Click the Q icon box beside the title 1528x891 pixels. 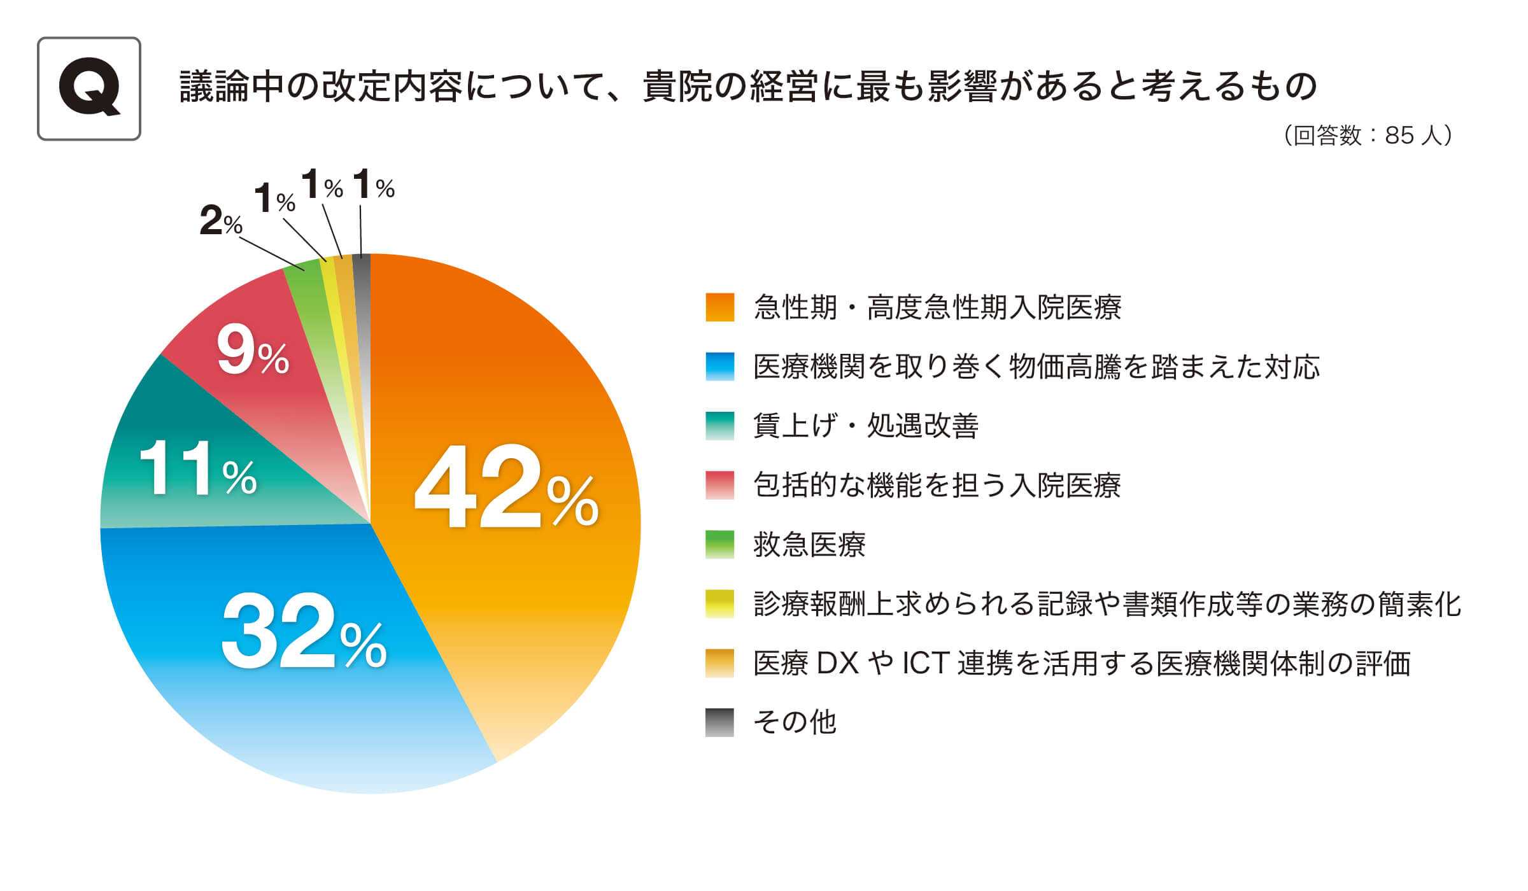(89, 88)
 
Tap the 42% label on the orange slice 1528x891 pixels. (506, 486)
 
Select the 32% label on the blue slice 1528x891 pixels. (304, 630)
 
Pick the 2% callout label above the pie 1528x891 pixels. (220, 221)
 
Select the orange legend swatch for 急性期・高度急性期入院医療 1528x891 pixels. (719, 307)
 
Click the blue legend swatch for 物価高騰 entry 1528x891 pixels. (719, 367)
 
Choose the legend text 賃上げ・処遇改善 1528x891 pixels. (866, 426)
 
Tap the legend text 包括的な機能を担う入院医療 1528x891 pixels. (937, 485)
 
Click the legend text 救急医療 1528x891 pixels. (809, 545)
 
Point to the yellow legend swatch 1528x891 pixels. (719, 604)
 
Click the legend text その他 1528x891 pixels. (795, 722)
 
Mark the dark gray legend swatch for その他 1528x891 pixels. (719, 722)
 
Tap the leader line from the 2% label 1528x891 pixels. (272, 254)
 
